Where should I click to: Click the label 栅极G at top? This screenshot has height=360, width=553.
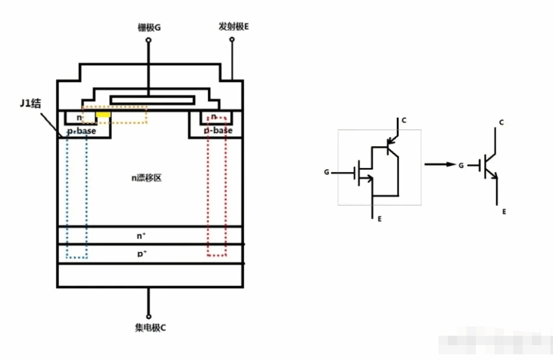tap(149, 27)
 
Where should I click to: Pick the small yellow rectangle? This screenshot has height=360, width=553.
tap(104, 115)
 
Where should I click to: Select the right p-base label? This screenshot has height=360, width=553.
tap(218, 131)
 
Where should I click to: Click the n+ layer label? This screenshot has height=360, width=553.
tap(142, 236)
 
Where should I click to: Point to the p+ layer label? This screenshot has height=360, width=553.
tap(142, 254)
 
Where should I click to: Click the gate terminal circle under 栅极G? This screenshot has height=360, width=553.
tap(149, 40)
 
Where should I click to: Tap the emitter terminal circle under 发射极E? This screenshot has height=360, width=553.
tap(233, 40)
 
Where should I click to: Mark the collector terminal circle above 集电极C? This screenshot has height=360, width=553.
tap(149, 315)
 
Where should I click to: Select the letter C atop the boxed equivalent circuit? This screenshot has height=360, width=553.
tap(403, 121)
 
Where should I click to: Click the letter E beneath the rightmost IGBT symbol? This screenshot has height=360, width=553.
tap(504, 212)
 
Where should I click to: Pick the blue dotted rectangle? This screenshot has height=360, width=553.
tap(77, 196)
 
